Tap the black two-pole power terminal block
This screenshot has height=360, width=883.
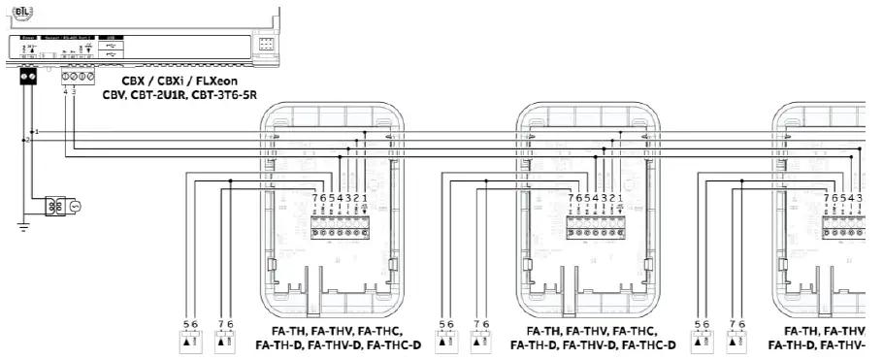pos(28,75)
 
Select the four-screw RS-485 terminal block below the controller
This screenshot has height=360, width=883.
pos(78,75)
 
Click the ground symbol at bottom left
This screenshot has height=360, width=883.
pos(24,226)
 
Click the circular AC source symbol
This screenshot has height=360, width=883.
pos(73,207)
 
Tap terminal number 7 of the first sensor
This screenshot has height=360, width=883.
pos(314,198)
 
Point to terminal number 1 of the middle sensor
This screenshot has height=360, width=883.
pos(620,198)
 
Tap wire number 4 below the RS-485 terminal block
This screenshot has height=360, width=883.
pos(66,92)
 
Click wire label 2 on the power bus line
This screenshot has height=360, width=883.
pos(28,140)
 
